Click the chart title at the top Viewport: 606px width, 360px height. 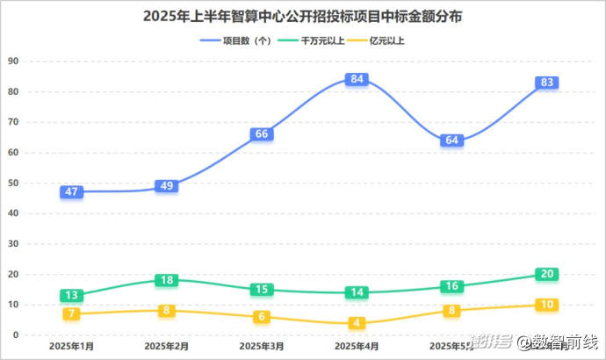(303, 17)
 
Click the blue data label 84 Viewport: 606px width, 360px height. (357, 79)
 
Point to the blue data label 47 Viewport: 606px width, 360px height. (71, 191)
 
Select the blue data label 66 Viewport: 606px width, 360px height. (261, 134)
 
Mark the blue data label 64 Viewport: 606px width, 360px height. (452, 140)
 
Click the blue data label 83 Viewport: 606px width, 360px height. (547, 83)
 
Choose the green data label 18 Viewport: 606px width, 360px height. (166, 280)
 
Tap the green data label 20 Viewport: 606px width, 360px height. (547, 274)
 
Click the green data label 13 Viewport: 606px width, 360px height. (71, 296)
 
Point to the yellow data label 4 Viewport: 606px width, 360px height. (357, 323)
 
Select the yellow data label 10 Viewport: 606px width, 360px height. (547, 305)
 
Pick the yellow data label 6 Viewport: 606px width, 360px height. (261, 317)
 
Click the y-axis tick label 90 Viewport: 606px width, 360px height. (12, 61)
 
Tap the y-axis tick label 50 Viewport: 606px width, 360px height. (12, 184)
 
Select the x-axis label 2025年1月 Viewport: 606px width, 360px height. (71, 348)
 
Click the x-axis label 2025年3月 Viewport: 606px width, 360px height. (261, 348)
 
